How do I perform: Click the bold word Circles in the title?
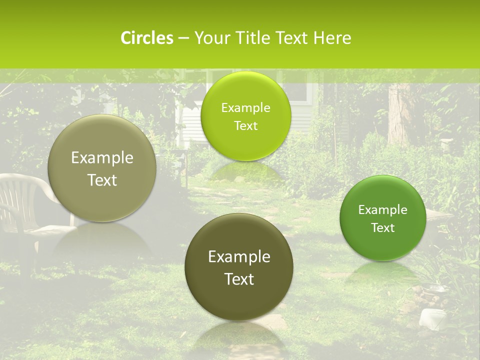(146, 38)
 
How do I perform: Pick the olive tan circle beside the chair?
(102, 168)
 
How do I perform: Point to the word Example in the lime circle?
(245, 108)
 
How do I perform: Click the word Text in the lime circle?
(245, 126)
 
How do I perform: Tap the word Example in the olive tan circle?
(102, 158)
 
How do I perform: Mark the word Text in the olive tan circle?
(102, 180)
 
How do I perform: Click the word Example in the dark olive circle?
(239, 257)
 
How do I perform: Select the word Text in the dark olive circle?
(239, 279)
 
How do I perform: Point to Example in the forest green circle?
(383, 210)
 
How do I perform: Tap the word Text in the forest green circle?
(383, 228)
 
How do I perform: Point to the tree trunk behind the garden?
(400, 115)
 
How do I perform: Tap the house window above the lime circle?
(300, 92)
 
